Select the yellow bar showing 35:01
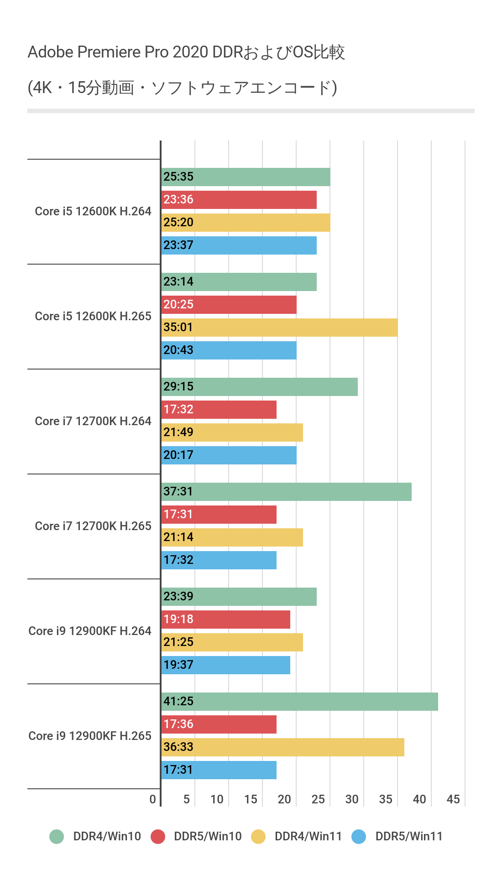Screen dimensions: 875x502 point(279,328)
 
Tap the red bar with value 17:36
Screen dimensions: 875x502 point(219,724)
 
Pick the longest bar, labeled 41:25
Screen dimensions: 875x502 point(299,702)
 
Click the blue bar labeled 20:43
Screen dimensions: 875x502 point(229,350)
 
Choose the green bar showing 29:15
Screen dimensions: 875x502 point(259,387)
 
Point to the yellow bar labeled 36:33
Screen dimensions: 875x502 point(283,747)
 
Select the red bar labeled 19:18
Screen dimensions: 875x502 point(226,620)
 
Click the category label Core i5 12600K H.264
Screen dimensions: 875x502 point(93,211)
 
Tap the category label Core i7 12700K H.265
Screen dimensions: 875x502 point(93,526)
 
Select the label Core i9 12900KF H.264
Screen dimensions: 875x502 point(90,631)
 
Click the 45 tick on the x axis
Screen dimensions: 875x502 point(453,799)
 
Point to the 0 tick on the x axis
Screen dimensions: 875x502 point(153,799)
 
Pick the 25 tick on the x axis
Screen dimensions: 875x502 point(318,799)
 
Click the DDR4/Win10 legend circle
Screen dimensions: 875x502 point(57,837)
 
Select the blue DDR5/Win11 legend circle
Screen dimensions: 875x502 point(359,837)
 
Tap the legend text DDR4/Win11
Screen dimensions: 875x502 point(308,837)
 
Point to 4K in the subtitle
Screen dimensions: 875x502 point(42,88)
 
